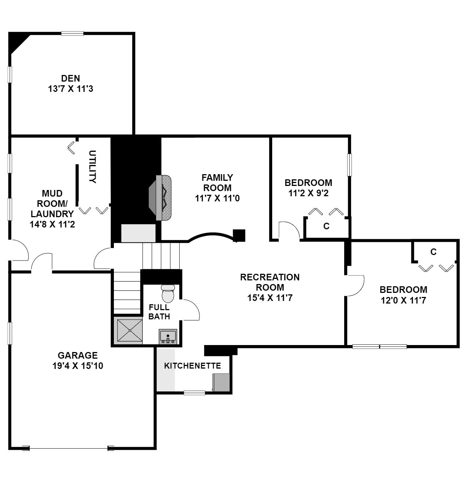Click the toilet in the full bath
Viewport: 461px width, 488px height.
pyautogui.click(x=168, y=293)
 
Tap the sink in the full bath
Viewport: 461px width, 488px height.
pyautogui.click(x=168, y=336)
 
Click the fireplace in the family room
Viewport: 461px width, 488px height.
pyautogui.click(x=160, y=198)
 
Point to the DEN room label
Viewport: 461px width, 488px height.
pyautogui.click(x=71, y=78)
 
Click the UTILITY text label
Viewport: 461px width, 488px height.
pyautogui.click(x=92, y=167)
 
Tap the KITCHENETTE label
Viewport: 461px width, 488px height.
pyautogui.click(x=192, y=366)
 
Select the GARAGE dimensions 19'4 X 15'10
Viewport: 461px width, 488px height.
pyautogui.click(x=78, y=366)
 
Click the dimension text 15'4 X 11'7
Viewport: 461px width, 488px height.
pyautogui.click(x=270, y=298)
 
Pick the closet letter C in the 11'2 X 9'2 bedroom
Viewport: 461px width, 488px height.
pyautogui.click(x=326, y=226)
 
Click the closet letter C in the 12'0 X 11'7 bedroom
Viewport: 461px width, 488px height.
pyautogui.click(x=433, y=252)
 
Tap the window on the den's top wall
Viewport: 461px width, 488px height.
pyautogui.click(x=72, y=34)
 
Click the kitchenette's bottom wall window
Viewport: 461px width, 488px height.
pyautogui.click(x=194, y=393)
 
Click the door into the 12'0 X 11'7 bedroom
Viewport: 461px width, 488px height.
pyautogui.click(x=355, y=286)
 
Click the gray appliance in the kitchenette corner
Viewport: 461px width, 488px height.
pyautogui.click(x=221, y=382)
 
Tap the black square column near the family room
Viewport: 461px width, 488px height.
pyautogui.click(x=239, y=236)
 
